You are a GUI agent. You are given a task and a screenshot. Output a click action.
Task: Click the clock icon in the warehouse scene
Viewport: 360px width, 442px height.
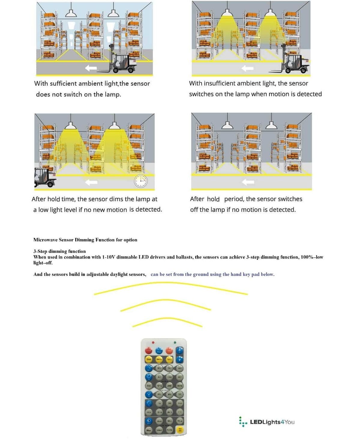(141, 181)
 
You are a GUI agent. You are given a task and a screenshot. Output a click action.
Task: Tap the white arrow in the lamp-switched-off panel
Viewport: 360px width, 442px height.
(248, 182)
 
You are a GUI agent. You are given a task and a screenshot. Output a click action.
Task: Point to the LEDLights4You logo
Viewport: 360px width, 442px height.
(267, 422)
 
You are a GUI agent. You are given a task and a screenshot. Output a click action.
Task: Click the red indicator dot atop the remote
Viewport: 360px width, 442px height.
(153, 342)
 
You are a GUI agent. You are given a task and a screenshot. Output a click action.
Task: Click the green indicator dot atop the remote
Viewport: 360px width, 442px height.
(175, 342)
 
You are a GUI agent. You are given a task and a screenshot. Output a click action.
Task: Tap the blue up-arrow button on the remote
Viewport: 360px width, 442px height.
(179, 350)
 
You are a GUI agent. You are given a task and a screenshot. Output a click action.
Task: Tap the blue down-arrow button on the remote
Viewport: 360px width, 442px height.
(179, 359)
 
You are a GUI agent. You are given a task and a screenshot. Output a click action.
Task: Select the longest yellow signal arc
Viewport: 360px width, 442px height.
(171, 286)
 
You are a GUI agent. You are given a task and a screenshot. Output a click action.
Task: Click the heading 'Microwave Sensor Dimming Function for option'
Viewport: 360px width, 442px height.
(85, 240)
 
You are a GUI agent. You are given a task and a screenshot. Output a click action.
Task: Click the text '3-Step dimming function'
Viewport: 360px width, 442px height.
(59, 251)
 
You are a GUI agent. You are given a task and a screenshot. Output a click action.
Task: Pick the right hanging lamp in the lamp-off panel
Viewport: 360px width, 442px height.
(271, 125)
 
